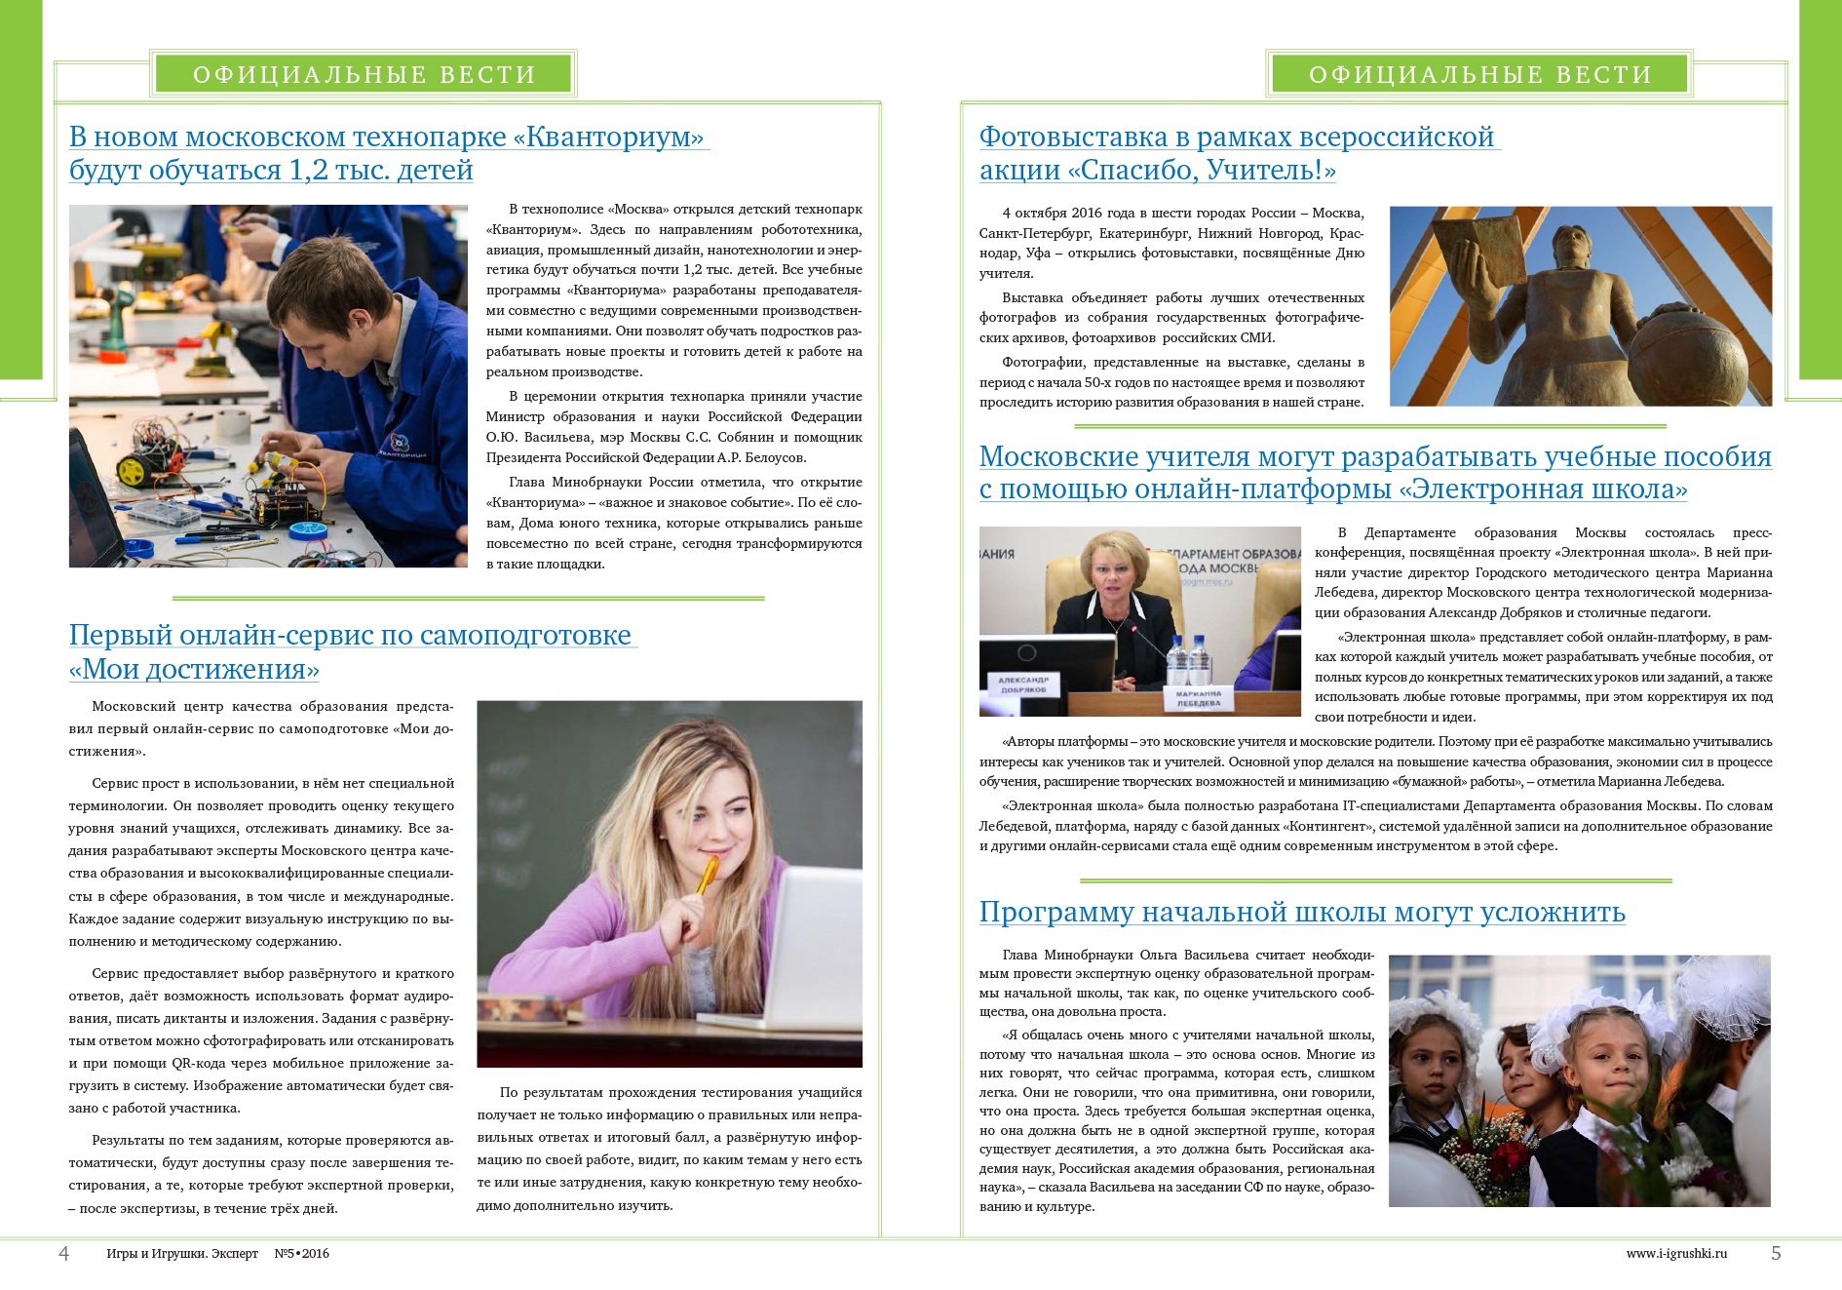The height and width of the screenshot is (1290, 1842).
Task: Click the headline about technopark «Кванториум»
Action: point(387,153)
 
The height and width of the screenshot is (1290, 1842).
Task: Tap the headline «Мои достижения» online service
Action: point(352,651)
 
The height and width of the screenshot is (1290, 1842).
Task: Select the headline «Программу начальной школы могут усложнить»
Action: point(1301,912)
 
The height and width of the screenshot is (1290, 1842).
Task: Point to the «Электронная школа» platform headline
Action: point(1374,472)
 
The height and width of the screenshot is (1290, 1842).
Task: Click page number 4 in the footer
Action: point(64,1253)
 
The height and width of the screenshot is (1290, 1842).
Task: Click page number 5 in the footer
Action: point(1776,1253)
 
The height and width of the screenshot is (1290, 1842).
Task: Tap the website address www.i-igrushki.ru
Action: point(1675,1254)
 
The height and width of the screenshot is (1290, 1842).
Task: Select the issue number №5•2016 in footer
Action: point(301,1254)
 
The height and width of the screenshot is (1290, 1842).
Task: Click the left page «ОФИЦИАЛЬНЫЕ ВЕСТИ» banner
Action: point(364,74)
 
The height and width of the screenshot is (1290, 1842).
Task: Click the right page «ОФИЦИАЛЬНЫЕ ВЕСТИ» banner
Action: point(1478,74)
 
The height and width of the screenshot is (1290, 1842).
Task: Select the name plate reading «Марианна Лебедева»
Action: point(1199,698)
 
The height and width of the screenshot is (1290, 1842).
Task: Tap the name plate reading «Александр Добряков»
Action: point(1022,684)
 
